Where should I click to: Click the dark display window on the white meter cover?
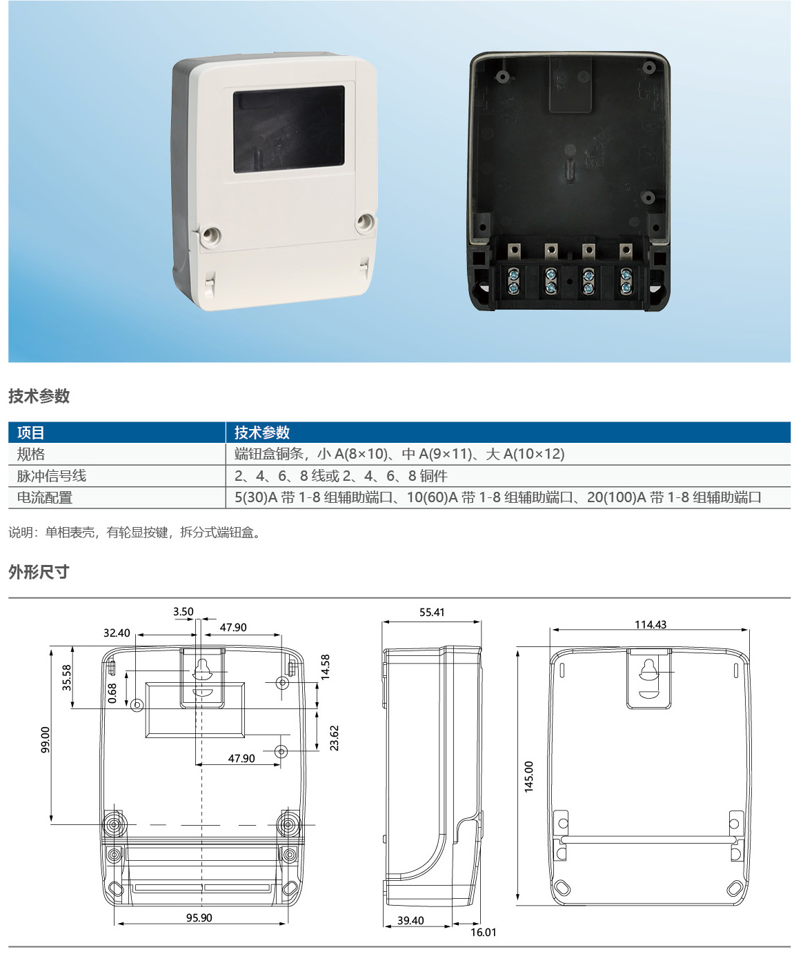tap(289, 130)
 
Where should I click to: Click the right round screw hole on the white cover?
tap(365, 223)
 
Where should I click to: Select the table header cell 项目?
tap(30, 433)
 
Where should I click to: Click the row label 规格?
tap(30, 454)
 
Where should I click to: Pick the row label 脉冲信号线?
tap(51, 476)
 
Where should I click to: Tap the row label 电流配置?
tap(44, 497)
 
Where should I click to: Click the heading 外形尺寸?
tap(39, 572)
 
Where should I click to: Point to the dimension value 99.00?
tap(46, 739)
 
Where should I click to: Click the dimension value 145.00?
tap(528, 777)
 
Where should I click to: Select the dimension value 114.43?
tap(651, 624)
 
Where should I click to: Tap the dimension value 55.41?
tap(432, 613)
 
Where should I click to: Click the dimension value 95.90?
tap(199, 917)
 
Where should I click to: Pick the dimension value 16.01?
tap(484, 932)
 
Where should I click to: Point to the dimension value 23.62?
tap(334, 738)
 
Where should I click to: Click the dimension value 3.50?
tap(184, 611)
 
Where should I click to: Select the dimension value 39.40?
tap(410, 920)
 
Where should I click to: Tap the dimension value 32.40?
tap(117, 633)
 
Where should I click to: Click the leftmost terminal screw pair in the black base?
tap(514, 281)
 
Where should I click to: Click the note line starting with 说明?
tap(135, 533)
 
